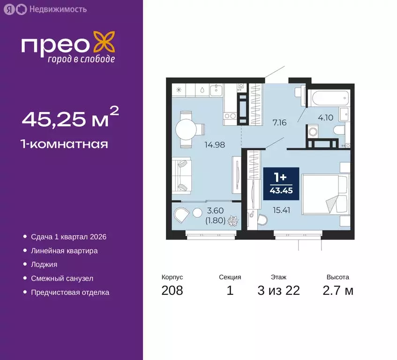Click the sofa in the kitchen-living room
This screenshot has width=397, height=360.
(x=181, y=175)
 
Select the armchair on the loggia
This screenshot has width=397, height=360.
(x=180, y=216)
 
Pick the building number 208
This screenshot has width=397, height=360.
(x=172, y=291)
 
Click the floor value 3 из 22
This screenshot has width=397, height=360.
(x=278, y=291)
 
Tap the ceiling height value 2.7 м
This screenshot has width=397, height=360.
(x=337, y=291)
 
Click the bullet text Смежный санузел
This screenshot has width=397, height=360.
(x=62, y=278)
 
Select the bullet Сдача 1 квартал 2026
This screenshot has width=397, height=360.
(x=69, y=237)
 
